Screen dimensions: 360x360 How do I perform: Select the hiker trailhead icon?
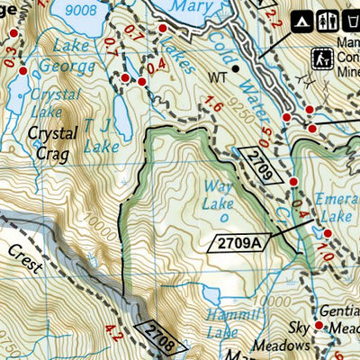[322, 58]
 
